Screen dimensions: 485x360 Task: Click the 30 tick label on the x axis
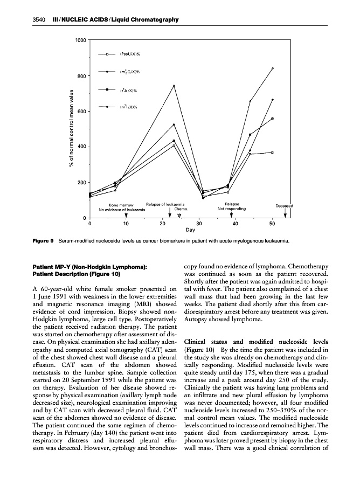pyautogui.click(x=199, y=223)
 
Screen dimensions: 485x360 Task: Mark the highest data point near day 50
pyautogui.click(x=273, y=68)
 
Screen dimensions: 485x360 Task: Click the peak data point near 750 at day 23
pyautogui.click(x=174, y=86)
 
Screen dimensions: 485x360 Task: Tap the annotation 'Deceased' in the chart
pyautogui.click(x=285, y=205)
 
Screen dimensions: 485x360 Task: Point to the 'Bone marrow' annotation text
pyautogui.click(x=121, y=204)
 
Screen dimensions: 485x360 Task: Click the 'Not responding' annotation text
pyautogui.click(x=232, y=209)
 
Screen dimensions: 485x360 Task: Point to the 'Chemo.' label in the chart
pyautogui.click(x=181, y=209)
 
